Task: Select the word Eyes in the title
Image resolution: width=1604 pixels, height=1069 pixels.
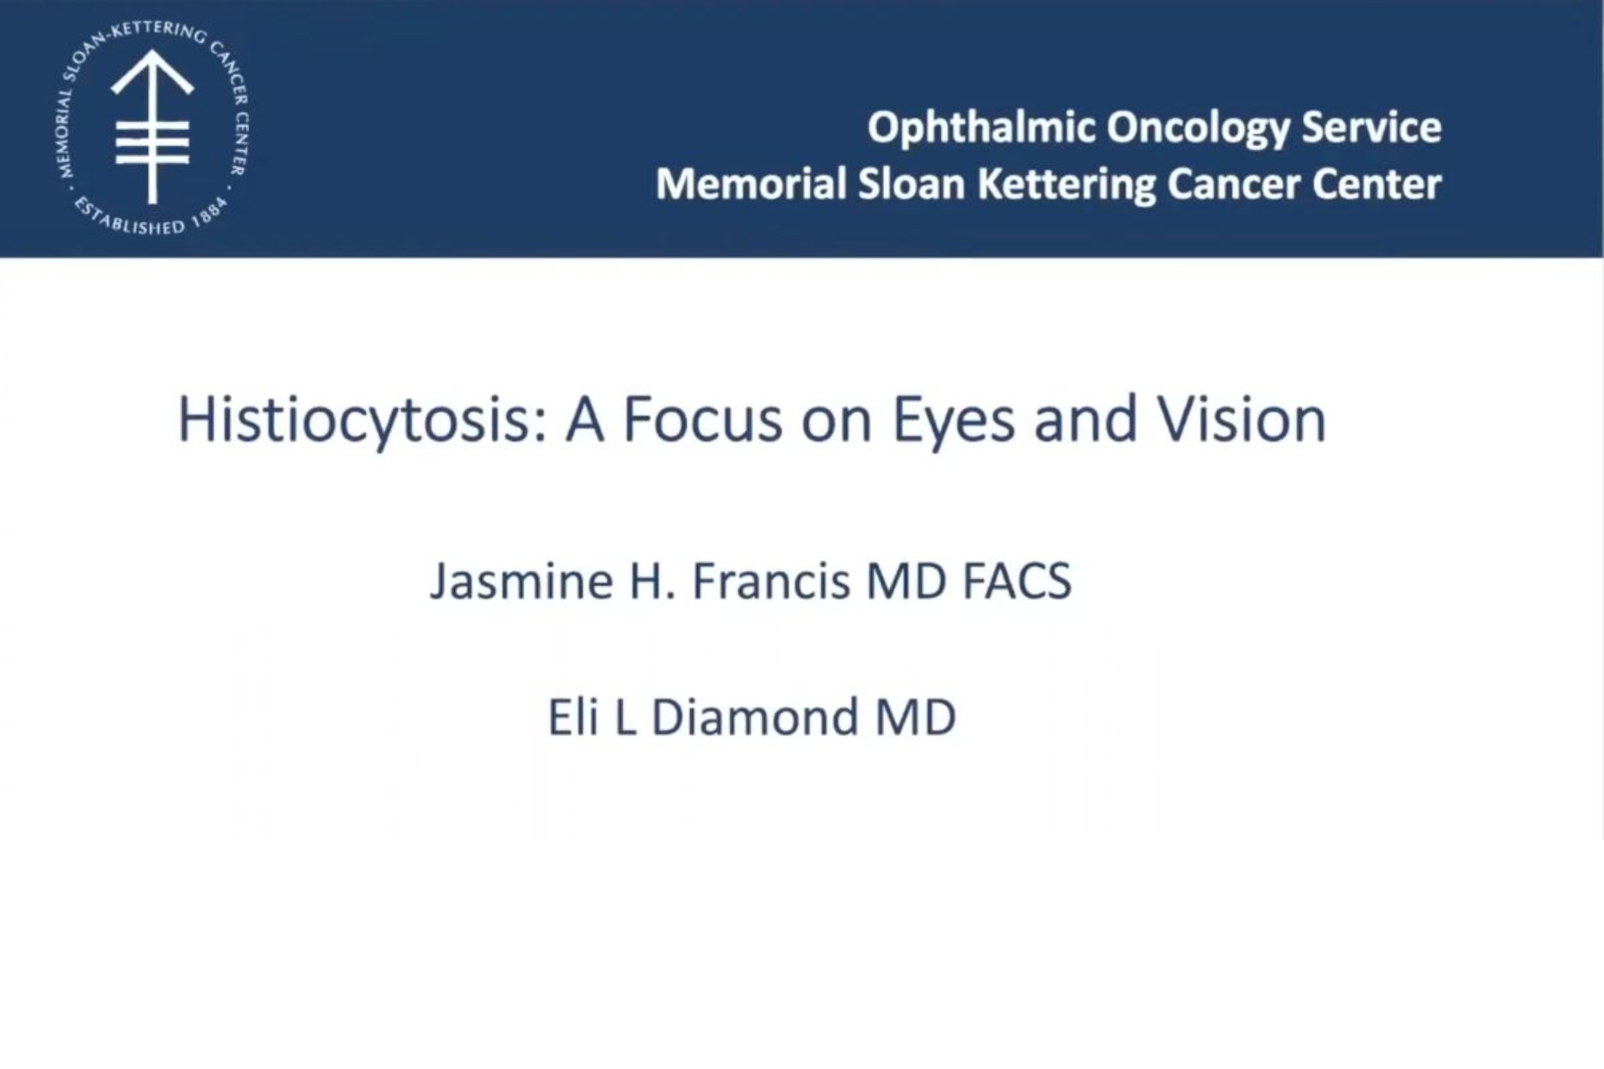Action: coord(953,420)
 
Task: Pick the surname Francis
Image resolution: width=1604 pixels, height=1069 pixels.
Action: coord(771,582)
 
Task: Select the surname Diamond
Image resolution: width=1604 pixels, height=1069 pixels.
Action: coord(755,718)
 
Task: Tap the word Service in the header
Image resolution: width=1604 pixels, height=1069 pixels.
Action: coord(1371,127)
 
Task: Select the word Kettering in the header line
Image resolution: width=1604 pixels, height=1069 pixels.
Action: coord(1067,184)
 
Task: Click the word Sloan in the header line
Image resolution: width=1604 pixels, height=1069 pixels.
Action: coord(911,184)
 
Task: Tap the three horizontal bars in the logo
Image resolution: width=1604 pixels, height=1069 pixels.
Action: coord(152,143)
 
